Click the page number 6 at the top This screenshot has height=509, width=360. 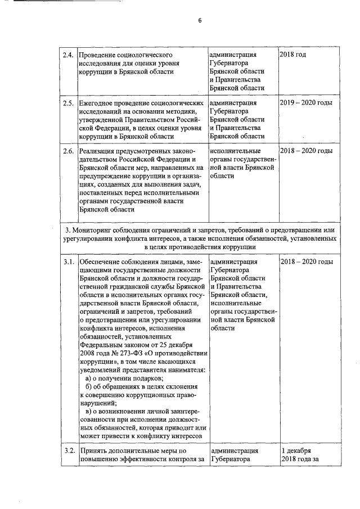[199, 21]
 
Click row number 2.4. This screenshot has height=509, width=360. [68, 55]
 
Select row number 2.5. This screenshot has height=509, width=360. [68, 103]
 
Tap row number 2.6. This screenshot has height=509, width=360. [68, 151]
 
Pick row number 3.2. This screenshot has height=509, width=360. [68, 451]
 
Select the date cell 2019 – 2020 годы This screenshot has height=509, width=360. [306, 103]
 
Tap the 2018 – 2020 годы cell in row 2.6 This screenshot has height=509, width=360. [306, 151]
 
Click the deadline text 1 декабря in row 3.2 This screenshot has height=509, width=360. [296, 451]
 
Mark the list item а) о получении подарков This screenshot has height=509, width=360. [116, 379]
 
